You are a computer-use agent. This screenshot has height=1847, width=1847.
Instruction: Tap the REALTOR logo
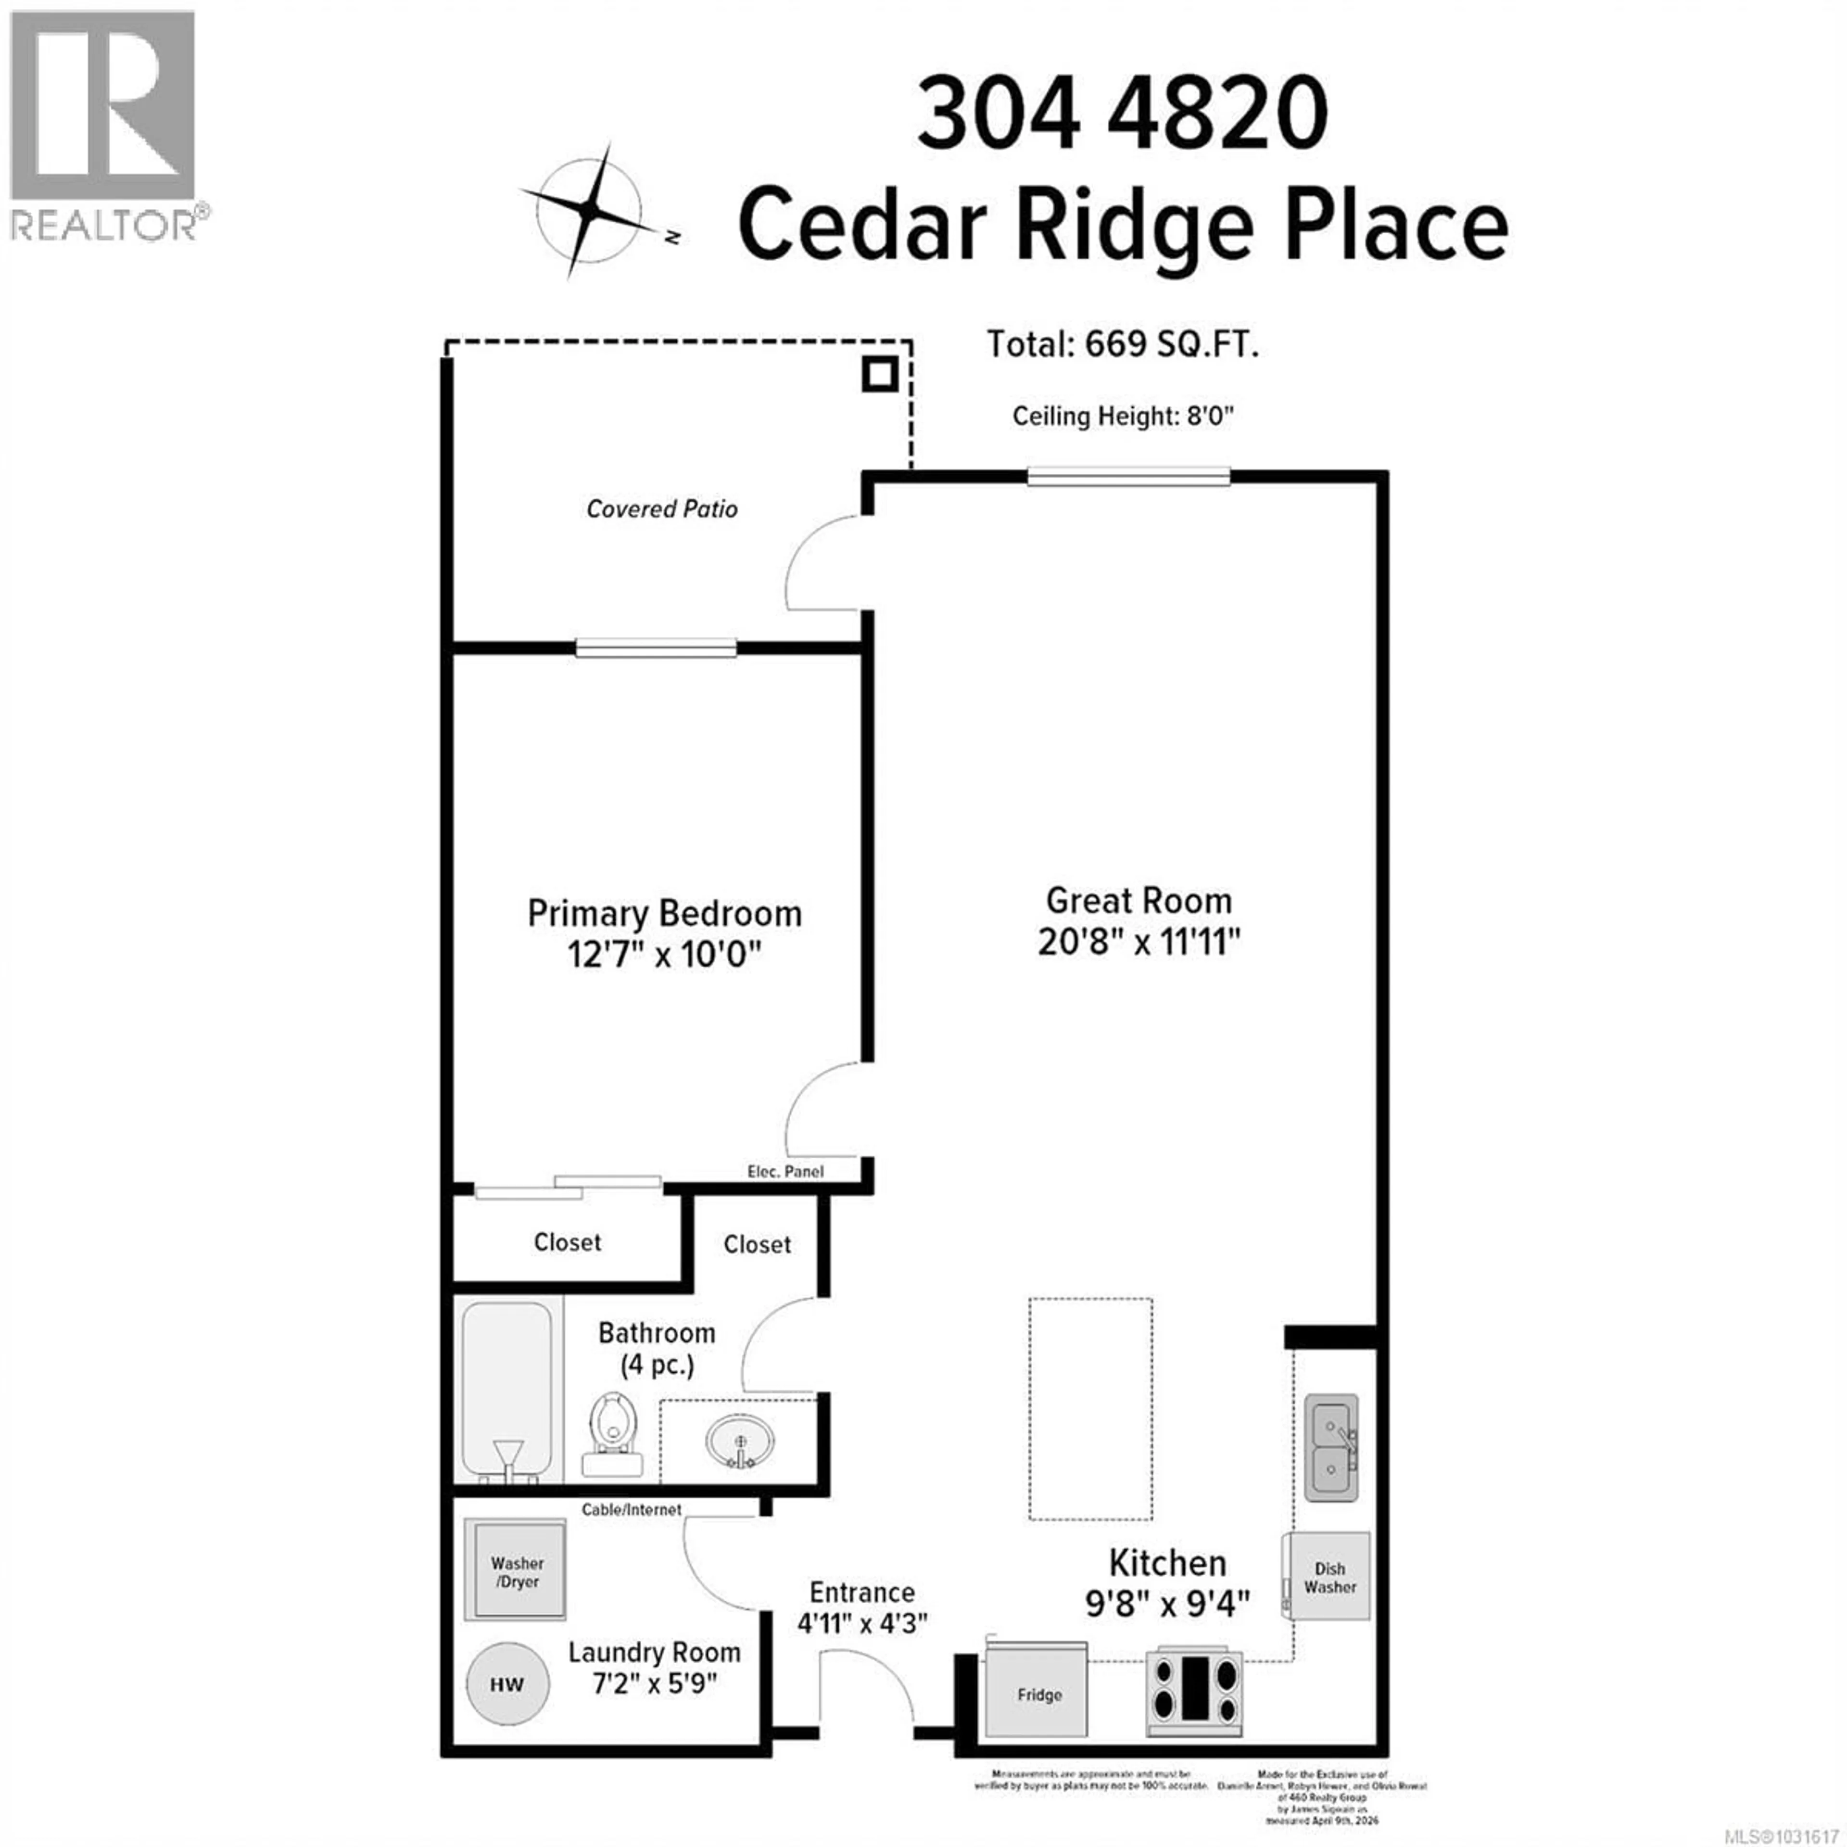(x=103, y=124)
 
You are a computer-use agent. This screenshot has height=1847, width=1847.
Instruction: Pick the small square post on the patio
(x=879, y=374)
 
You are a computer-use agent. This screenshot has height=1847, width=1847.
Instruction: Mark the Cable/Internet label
(x=631, y=1509)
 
